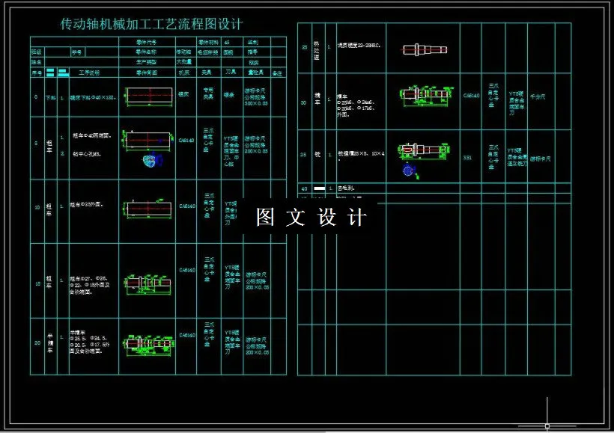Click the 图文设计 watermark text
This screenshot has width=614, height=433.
pos(311,218)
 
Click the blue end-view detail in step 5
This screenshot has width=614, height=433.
pos(153,159)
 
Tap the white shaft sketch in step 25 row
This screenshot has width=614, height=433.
pos(424,49)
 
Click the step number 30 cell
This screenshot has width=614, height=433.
pos(304,102)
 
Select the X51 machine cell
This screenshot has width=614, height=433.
pos(468,158)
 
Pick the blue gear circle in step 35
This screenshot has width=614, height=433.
pos(407,171)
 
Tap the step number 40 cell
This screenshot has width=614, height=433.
pos(304,188)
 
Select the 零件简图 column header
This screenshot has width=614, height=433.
pos(146,73)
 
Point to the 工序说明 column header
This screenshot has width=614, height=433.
pos(89,73)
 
